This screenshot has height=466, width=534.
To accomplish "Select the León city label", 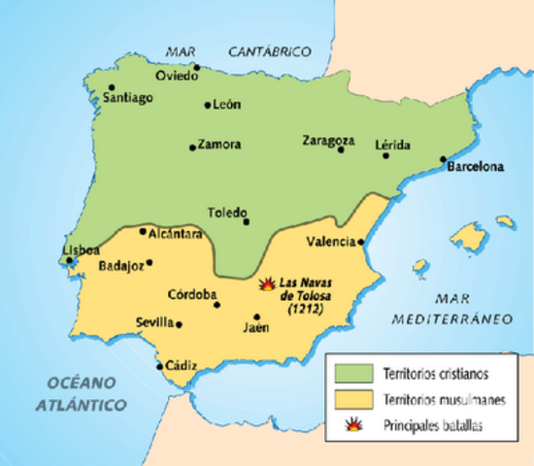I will (226, 105).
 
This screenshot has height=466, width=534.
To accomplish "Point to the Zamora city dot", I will (192, 148).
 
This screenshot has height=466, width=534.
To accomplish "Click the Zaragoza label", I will (328, 140).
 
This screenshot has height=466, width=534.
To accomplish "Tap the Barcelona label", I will (476, 166).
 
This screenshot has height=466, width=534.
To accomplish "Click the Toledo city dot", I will (247, 221).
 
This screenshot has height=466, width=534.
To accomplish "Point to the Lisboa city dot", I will (70, 259).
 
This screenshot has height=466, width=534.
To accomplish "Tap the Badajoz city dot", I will (149, 262).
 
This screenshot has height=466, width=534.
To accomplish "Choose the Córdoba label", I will (192, 294).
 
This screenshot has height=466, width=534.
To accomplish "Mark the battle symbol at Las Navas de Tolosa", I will (267, 285).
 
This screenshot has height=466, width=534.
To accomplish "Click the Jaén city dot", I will (257, 316).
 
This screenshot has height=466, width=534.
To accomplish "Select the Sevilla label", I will (155, 322).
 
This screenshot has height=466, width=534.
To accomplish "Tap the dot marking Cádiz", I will (160, 367).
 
